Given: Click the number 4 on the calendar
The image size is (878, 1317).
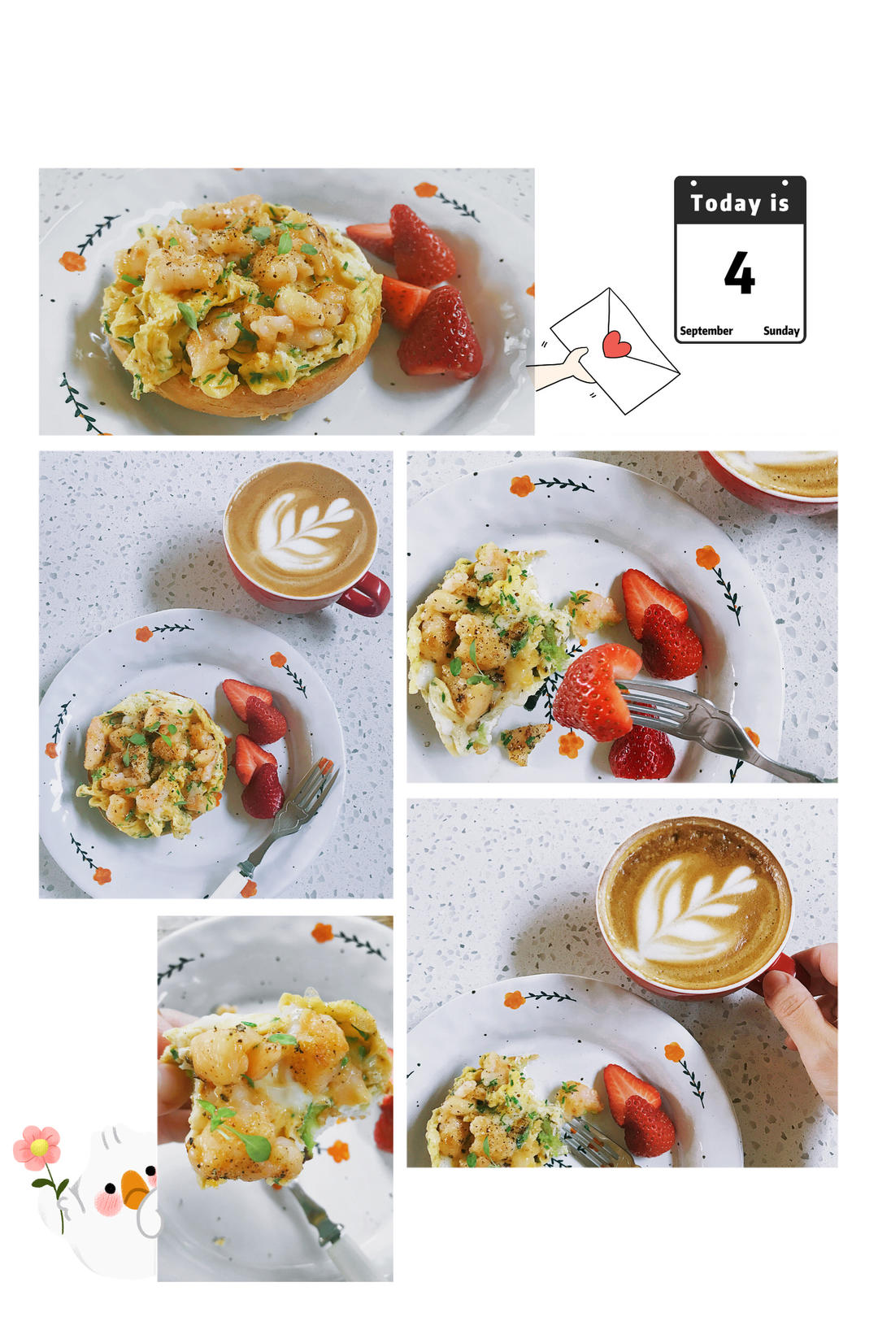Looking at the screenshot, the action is click(739, 272).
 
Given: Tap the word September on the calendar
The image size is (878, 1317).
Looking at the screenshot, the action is click(706, 331).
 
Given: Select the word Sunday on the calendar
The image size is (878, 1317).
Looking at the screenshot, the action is click(781, 331).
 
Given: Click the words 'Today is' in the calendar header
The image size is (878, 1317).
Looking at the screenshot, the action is click(739, 203).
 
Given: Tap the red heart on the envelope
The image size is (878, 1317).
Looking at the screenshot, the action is click(615, 344).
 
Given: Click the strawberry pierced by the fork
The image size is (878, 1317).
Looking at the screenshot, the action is click(594, 692).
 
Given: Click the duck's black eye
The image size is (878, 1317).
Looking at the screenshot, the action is click(150, 1171).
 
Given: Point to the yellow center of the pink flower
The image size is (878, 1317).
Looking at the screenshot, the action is click(39, 1146).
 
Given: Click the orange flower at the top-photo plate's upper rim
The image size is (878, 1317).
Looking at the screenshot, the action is click(426, 190).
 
